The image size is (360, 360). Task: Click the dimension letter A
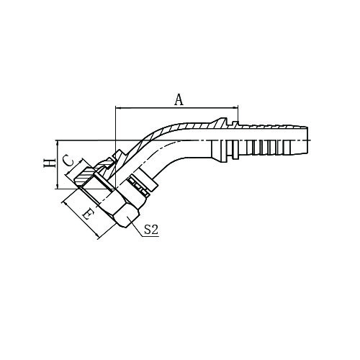(x=179, y=99)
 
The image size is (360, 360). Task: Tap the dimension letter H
(x=49, y=163)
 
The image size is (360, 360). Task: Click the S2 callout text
(x=151, y=230)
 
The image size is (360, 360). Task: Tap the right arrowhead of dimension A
(x=235, y=108)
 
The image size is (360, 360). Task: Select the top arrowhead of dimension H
(x=58, y=143)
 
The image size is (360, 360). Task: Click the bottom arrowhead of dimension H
(x=58, y=186)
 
